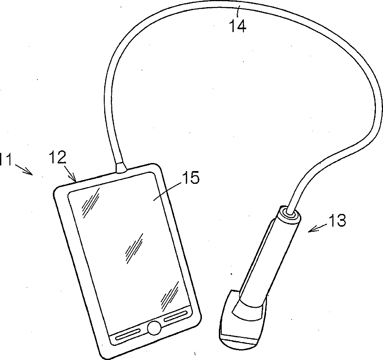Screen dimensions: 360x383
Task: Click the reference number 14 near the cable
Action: [x=238, y=26]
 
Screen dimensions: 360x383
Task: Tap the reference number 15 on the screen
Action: [x=188, y=178]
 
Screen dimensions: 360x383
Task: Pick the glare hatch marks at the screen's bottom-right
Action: [x=169, y=294]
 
